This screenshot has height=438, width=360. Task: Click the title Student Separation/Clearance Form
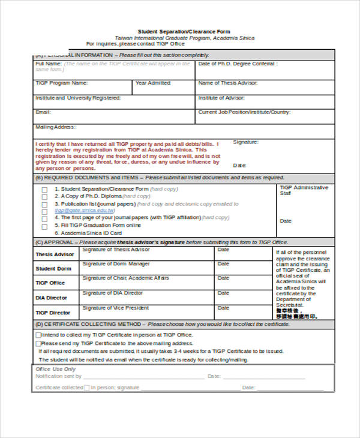click(184, 32)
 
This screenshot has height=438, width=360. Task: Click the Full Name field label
click(48, 64)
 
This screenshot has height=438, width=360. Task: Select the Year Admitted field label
click(153, 83)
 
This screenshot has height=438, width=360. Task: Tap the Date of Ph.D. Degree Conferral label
click(236, 64)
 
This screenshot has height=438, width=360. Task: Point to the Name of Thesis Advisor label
click(227, 83)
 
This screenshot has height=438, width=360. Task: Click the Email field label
click(43, 112)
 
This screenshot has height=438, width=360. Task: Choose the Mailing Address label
click(55, 127)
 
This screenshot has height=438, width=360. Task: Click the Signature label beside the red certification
click(245, 142)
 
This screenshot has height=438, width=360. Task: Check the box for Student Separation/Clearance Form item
click(44, 190)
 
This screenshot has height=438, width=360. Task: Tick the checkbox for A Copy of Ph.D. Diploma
click(44, 197)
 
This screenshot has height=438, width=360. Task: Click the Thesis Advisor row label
click(55, 254)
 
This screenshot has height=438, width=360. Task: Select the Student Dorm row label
click(53, 269)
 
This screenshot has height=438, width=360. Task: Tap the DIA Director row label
click(52, 298)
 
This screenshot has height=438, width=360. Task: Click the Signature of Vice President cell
click(116, 308)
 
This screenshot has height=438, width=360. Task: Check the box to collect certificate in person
click(39, 335)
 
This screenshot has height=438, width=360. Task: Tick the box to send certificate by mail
click(39, 343)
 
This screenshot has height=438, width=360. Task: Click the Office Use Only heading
click(56, 369)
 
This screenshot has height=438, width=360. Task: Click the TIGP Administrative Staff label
click(304, 190)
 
